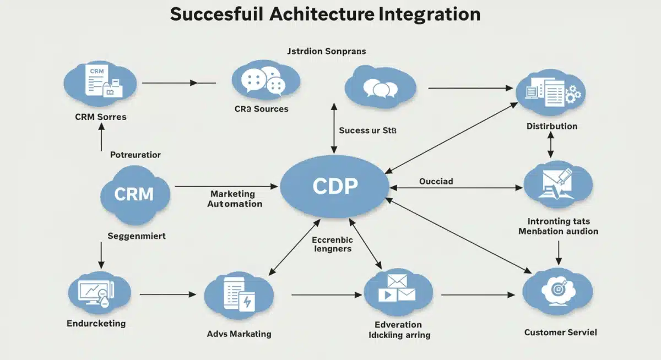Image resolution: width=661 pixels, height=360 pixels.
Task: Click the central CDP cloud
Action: [x=335, y=187]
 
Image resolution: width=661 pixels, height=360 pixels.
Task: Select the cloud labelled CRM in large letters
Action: [x=134, y=193]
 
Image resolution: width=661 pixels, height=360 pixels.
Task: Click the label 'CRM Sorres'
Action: [x=101, y=117]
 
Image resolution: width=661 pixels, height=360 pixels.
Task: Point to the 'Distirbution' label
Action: [x=551, y=126]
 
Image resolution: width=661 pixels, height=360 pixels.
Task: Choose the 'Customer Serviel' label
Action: [x=560, y=332]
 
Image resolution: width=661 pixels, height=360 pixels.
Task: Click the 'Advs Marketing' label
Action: [x=239, y=334]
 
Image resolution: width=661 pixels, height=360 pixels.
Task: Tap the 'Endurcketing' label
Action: [x=96, y=323]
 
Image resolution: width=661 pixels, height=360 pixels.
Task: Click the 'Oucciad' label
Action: [x=436, y=181]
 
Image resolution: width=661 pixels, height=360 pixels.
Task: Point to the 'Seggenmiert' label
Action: [x=136, y=236]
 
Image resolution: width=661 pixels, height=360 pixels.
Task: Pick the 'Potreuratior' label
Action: [x=136, y=155]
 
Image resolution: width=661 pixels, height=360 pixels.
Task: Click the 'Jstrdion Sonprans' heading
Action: [x=327, y=51]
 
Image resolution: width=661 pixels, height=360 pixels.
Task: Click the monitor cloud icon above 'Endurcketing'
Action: [x=99, y=292]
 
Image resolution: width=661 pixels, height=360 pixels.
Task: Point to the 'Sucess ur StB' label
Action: [x=367, y=130]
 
